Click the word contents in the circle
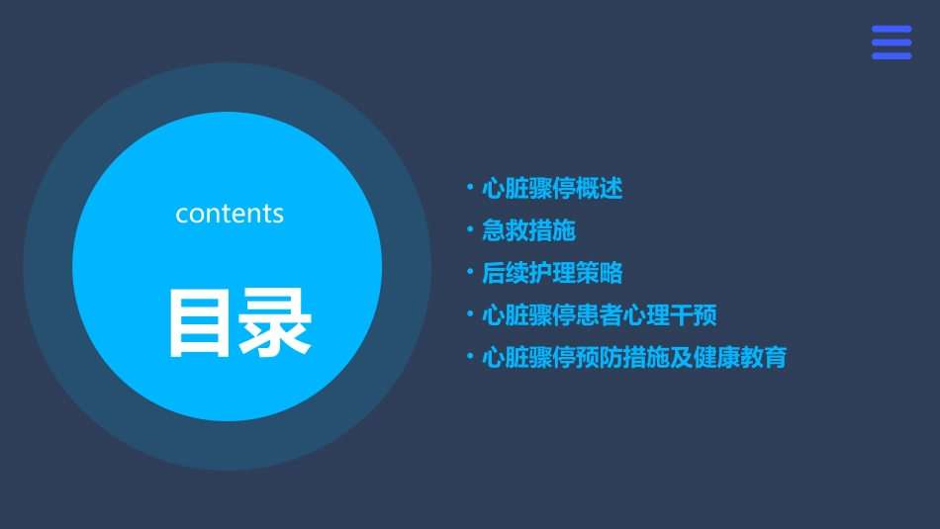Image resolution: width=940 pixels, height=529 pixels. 230,214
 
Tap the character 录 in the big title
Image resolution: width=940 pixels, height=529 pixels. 273,323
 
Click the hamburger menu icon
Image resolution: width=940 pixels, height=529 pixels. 892,43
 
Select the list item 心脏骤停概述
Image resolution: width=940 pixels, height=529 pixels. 552,188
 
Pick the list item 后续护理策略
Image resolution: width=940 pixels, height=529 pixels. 552,273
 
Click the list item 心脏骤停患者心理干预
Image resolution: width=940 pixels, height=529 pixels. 599,315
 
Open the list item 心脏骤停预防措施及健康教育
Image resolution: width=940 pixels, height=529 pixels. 634,357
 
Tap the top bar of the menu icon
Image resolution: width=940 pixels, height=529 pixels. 892,30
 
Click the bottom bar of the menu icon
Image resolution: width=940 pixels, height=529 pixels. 892,55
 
